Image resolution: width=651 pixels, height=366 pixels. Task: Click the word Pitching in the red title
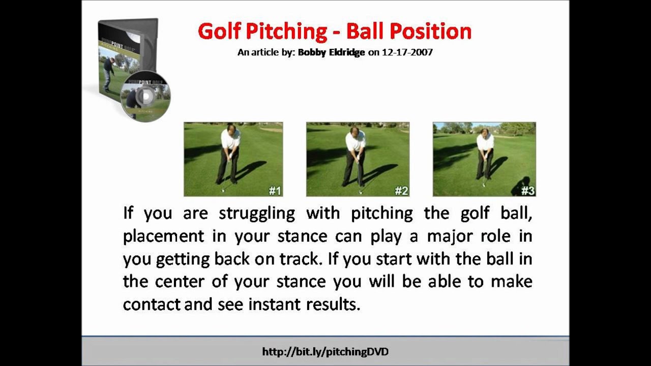click(x=286, y=32)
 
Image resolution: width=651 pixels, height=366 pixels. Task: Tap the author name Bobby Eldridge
click(x=331, y=52)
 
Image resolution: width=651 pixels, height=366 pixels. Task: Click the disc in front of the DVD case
click(x=146, y=96)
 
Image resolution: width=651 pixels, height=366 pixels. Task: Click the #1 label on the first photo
click(x=275, y=191)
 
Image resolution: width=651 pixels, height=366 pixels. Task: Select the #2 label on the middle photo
click(x=401, y=191)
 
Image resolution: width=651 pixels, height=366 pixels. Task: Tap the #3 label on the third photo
click(x=528, y=191)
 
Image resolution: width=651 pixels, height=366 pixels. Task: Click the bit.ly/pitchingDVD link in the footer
click(x=325, y=351)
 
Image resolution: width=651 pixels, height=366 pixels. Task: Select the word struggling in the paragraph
click(x=257, y=213)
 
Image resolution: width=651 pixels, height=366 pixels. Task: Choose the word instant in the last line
click(x=275, y=304)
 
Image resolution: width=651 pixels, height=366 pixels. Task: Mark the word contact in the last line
click(x=152, y=304)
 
